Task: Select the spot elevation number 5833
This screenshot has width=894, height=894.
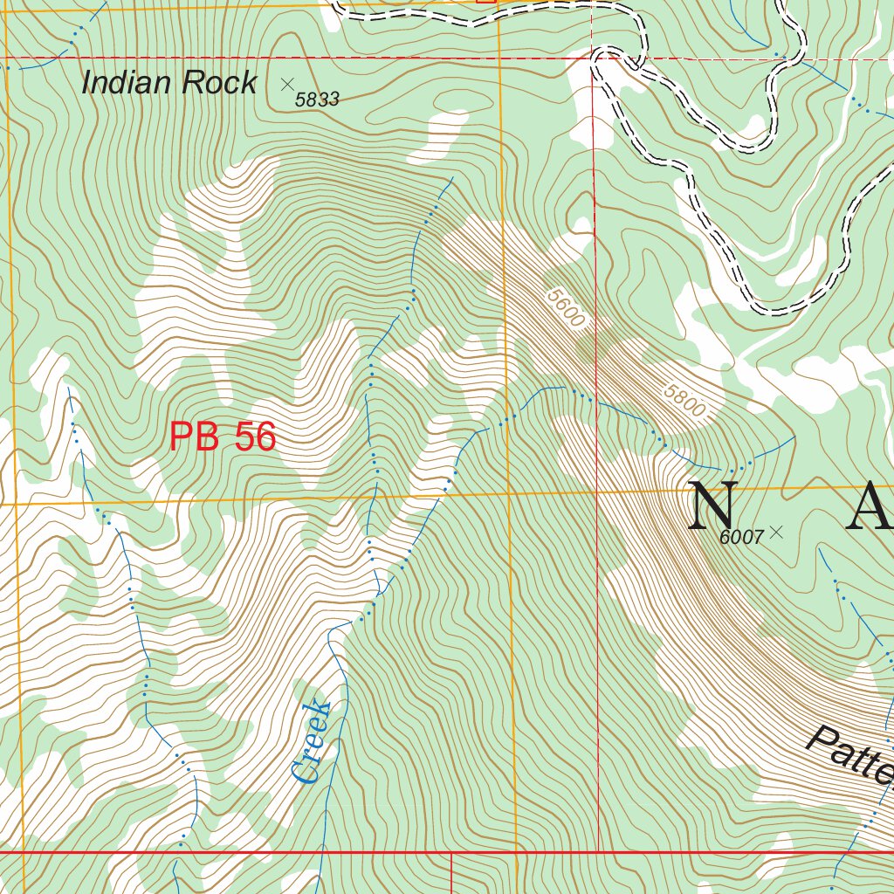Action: pyautogui.click(x=316, y=100)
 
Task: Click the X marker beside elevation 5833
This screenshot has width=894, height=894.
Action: pyautogui.click(x=287, y=84)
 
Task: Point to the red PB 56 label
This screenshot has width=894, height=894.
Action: pyautogui.click(x=223, y=437)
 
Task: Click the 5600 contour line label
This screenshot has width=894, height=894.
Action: pyautogui.click(x=566, y=308)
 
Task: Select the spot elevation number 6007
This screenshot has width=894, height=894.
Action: pyautogui.click(x=741, y=538)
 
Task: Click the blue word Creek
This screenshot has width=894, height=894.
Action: pyautogui.click(x=312, y=742)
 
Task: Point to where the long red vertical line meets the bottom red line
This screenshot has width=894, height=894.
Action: pyautogui.click(x=598, y=851)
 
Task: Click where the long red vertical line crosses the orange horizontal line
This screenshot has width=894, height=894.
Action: pyautogui.click(x=596, y=491)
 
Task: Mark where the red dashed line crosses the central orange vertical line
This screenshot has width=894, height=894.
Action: pyautogui.click(x=499, y=58)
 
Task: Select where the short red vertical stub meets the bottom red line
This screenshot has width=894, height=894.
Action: pyautogui.click(x=450, y=852)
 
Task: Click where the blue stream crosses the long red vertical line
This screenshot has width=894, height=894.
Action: pyautogui.click(x=595, y=402)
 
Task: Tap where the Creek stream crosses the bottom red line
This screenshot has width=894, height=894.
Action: pyautogui.click(x=323, y=851)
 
